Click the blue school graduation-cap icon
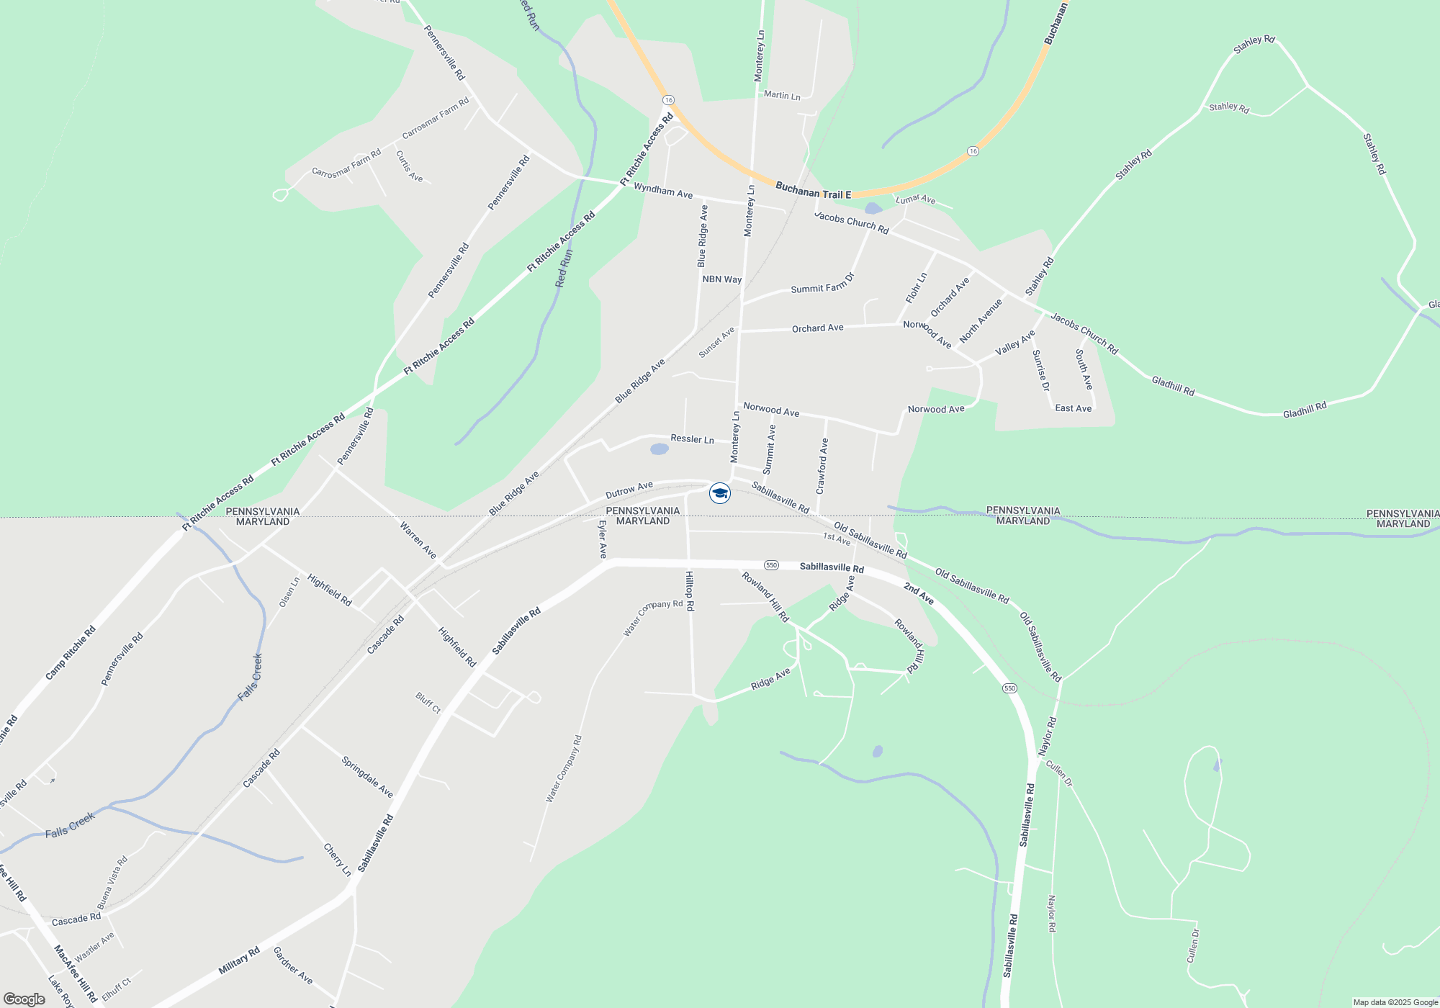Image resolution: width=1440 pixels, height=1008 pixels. point(719,493)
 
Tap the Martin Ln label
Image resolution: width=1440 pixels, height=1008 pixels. point(782,95)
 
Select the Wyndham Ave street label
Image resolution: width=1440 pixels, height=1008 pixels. point(662,191)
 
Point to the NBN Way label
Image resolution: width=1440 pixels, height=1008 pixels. point(721,279)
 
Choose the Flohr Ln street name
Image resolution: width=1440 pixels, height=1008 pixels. point(916,287)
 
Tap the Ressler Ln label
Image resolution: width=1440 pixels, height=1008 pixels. point(692,438)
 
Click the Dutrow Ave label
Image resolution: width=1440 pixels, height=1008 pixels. point(629,490)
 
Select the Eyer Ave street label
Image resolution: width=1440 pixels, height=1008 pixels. point(603,539)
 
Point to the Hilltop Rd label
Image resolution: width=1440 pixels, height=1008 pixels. point(689,591)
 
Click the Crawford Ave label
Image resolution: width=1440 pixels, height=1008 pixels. point(822,466)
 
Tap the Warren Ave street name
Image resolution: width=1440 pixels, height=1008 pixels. point(418,540)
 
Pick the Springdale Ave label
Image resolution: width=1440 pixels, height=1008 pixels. point(367,777)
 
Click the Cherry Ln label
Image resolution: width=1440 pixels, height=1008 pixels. point(337,860)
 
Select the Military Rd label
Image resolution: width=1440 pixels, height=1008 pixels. point(239,961)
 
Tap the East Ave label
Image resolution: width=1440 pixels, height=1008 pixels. point(1073,408)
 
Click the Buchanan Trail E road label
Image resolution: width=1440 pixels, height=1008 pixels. point(813,191)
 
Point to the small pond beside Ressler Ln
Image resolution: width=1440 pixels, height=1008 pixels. point(659,449)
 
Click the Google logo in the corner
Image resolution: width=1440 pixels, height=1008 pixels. point(24,999)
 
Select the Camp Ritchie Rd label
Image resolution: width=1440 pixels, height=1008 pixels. point(70,653)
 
